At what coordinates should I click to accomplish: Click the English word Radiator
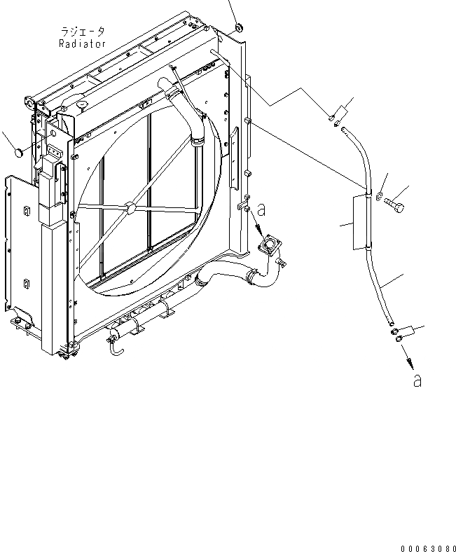tap(83, 43)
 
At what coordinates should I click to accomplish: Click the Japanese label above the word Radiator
tap(83, 32)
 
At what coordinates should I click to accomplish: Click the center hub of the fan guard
tap(127, 207)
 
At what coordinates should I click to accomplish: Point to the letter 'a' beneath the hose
tap(417, 380)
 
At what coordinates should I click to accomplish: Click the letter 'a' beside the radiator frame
tap(261, 209)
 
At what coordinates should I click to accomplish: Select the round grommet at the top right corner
tap(237, 28)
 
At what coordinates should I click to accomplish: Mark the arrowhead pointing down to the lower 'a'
tap(408, 364)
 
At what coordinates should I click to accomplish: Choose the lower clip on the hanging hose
tap(365, 246)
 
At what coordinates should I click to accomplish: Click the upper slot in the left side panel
tap(26, 213)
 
